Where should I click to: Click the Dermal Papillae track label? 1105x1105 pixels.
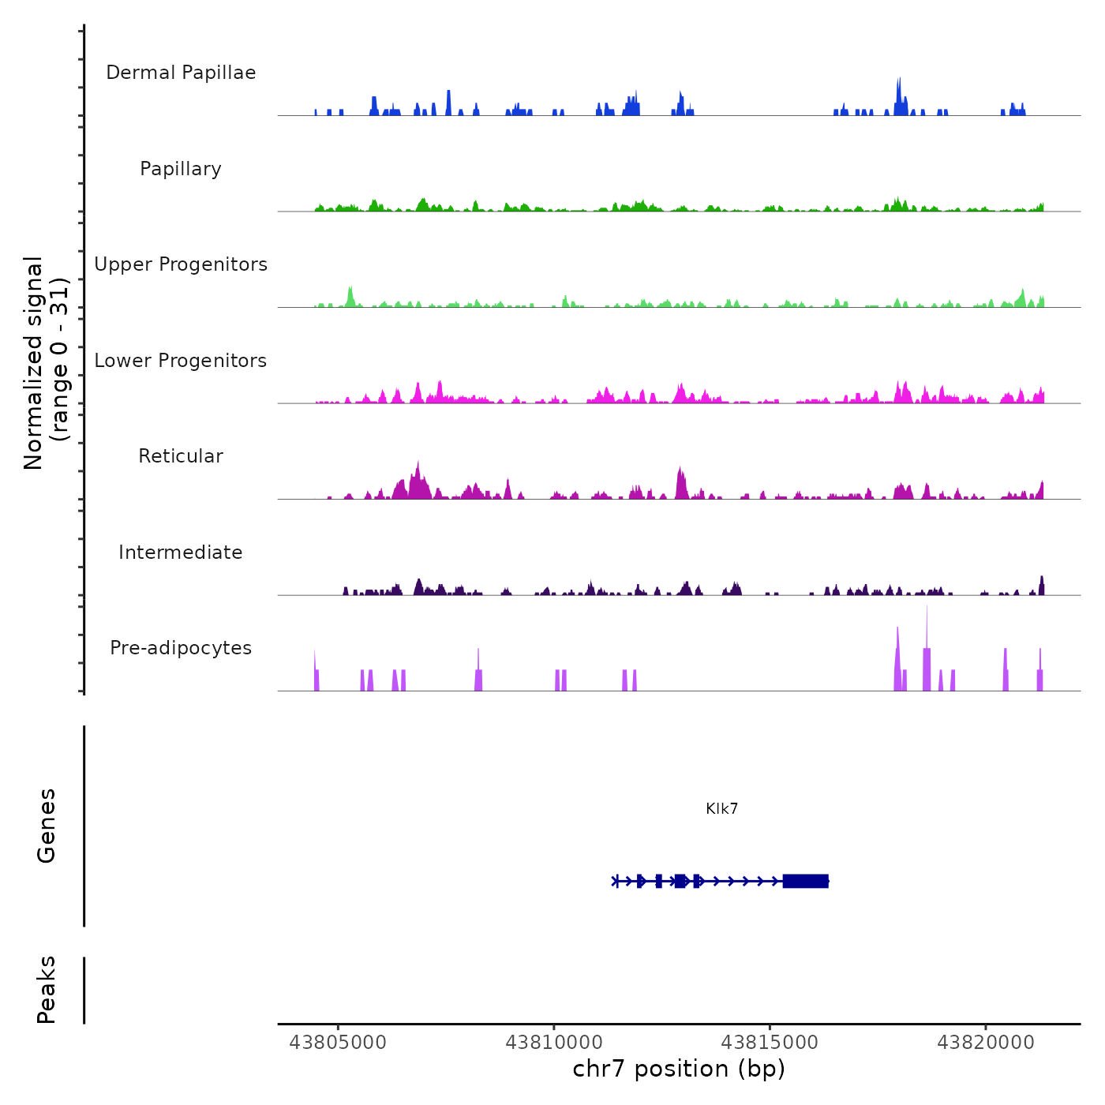[181, 73]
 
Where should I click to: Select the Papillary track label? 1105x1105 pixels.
[181, 169]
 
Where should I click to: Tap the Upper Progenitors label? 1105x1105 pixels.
[181, 264]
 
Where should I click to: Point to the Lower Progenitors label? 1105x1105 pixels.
[181, 361]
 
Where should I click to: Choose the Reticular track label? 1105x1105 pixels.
[181, 456]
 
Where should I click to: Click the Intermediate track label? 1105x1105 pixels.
[181, 552]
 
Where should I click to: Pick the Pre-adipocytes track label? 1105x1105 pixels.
[181, 648]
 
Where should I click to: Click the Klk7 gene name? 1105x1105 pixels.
[722, 809]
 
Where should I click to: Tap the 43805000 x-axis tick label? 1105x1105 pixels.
[339, 1043]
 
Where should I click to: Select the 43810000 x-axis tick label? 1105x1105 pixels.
[554, 1043]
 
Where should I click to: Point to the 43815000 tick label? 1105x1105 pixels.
[770, 1043]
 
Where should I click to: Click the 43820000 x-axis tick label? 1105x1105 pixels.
[986, 1043]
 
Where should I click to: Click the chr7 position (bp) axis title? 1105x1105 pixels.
[679, 1069]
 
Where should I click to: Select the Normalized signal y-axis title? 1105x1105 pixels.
[46, 363]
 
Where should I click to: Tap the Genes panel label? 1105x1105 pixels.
[47, 826]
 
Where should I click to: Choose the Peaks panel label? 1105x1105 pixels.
[47, 990]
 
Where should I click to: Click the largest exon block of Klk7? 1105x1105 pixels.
[805, 881]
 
